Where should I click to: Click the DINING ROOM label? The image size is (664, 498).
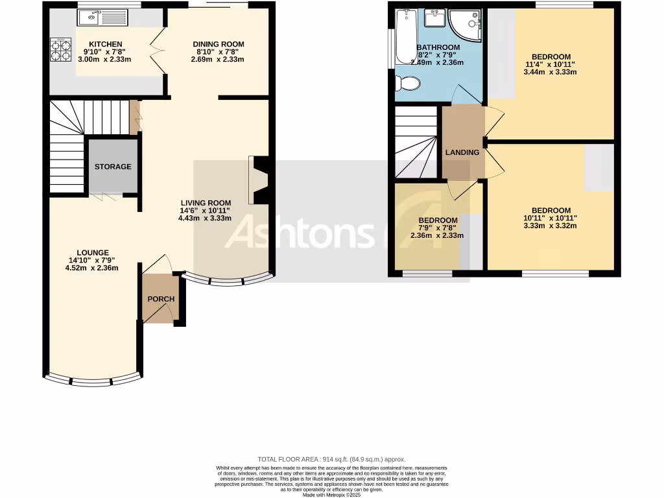[218, 44]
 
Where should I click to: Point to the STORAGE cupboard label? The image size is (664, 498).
[113, 167]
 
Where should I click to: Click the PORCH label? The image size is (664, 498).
[161, 299]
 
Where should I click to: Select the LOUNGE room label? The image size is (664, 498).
[93, 252]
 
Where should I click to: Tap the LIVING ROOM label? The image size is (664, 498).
[205, 203]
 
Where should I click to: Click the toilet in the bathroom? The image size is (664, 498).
[407, 83]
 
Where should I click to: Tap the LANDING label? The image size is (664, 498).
[462, 152]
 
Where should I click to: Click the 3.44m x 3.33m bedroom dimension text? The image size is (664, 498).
[551, 72]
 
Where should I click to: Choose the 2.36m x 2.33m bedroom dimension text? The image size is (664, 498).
[437, 235]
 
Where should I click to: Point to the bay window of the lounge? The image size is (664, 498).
[92, 381]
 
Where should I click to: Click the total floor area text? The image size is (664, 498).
[331, 459]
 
